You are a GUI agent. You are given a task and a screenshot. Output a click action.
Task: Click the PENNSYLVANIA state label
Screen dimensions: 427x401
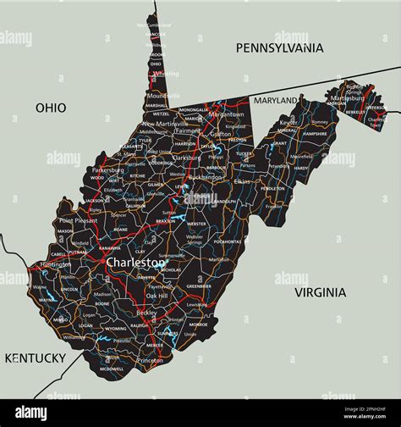280,48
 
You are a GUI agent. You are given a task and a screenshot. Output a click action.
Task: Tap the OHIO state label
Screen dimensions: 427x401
51,108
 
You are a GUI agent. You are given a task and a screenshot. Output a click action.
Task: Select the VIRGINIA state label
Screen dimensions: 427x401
320,292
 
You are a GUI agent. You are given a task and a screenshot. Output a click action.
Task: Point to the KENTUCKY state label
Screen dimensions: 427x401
35,358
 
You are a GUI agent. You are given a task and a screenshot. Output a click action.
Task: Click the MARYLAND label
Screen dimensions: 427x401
277,100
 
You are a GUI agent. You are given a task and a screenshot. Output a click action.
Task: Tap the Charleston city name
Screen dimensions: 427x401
135,263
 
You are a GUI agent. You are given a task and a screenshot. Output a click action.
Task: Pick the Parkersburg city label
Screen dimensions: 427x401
108,169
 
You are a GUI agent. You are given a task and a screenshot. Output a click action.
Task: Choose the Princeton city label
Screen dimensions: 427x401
150,360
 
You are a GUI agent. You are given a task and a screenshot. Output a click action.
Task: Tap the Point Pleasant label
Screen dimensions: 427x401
77,220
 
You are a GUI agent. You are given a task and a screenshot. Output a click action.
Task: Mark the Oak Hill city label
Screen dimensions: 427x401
157,296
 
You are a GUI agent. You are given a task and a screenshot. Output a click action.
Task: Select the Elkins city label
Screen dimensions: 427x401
242,181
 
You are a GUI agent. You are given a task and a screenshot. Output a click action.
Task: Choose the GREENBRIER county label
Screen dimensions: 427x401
198,286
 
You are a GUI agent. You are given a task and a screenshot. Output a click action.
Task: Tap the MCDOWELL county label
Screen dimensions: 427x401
111,369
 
